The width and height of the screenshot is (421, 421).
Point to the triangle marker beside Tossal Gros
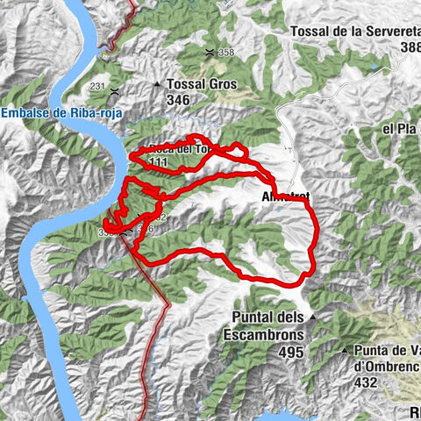pos(159,84)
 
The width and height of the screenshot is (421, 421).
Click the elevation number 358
pos(225,53)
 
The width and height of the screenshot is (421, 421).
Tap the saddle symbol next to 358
pos(209,53)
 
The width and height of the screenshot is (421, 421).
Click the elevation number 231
pos(96,86)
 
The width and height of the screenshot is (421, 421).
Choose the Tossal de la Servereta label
pos(354,32)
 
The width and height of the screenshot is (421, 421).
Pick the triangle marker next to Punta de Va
pos(344,352)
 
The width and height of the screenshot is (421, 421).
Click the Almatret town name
pos(285,196)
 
